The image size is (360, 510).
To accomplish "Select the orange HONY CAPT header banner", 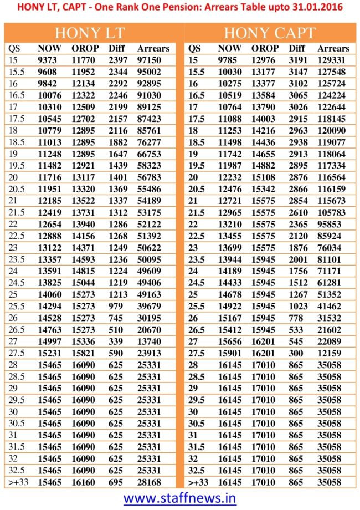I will pyautogui.click(x=270, y=33).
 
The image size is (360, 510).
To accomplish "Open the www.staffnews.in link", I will pyautogui.click(x=180, y=498).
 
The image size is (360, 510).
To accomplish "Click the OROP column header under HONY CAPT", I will pyautogui.click(x=265, y=48).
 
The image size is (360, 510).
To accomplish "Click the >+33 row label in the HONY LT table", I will pyautogui.click(x=18, y=482).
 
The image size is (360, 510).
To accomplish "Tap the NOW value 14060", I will pyautogui.click(x=49, y=292).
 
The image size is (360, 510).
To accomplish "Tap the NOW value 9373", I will pyautogui.click(x=48, y=60).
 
